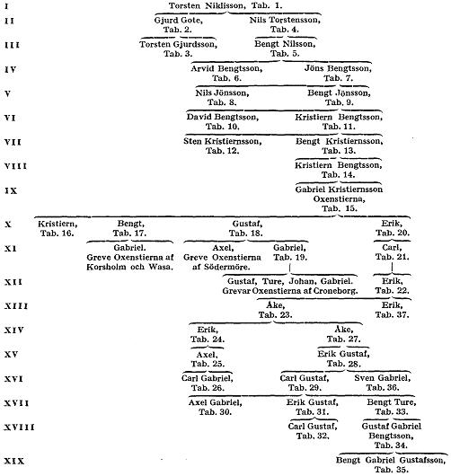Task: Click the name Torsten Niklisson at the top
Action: point(207,5)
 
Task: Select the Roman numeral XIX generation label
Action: point(14,461)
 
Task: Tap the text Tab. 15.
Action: point(340,208)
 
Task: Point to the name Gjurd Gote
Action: point(178,21)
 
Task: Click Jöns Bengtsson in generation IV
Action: point(338,68)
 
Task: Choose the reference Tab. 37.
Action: point(392,315)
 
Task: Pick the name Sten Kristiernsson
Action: point(222,142)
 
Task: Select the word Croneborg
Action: point(335,291)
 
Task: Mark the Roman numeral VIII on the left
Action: point(15,166)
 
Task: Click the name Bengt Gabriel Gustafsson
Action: point(391,460)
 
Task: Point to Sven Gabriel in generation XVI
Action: point(383,378)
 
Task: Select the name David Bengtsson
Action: point(223,117)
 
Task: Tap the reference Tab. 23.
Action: point(275,315)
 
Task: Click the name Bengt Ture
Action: point(392,402)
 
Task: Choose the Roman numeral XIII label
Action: point(16,306)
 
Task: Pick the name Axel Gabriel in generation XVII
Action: point(216,402)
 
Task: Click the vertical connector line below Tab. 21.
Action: point(392,268)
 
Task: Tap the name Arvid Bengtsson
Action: point(226,68)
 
